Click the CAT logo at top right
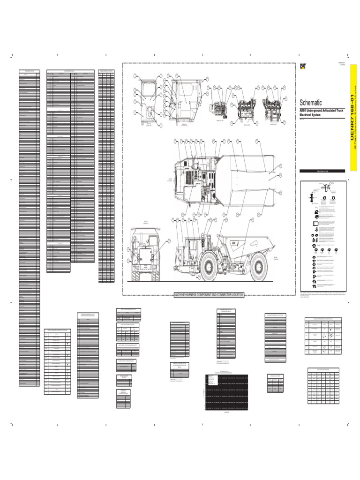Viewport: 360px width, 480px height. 304,66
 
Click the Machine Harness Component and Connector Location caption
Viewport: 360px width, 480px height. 209,295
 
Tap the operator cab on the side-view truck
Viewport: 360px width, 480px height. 192,248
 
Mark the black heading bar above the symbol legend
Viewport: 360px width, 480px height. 322,171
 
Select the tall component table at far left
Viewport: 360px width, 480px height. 29,230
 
